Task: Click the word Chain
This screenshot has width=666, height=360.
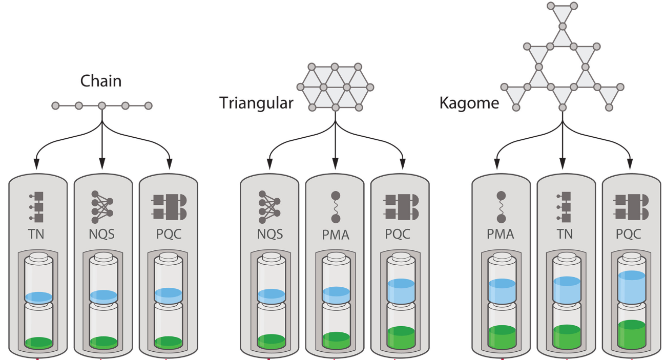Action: pyautogui.click(x=101, y=81)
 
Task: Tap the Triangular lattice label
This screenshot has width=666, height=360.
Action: pyautogui.click(x=256, y=103)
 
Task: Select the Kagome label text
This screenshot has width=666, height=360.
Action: pyautogui.click(x=469, y=103)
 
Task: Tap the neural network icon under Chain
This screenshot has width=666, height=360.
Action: pyautogui.click(x=102, y=207)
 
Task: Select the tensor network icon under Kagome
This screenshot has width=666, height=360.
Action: pyautogui.click(x=565, y=207)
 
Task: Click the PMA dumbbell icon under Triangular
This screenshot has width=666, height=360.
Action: pyautogui.click(x=336, y=207)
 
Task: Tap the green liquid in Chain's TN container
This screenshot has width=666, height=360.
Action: pyautogui.click(x=38, y=342)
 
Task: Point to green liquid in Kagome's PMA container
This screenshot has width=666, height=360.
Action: pyautogui.click(x=502, y=336)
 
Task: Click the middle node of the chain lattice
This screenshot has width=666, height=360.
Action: pyautogui.click(x=102, y=106)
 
